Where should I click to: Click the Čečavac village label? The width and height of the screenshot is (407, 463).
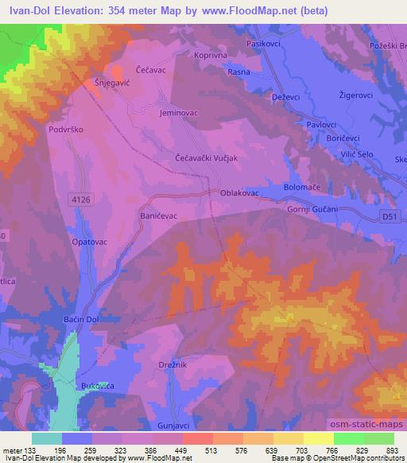[149, 70]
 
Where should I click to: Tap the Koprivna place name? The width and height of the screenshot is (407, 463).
[211, 56]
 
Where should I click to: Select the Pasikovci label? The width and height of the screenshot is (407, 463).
[266, 45]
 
